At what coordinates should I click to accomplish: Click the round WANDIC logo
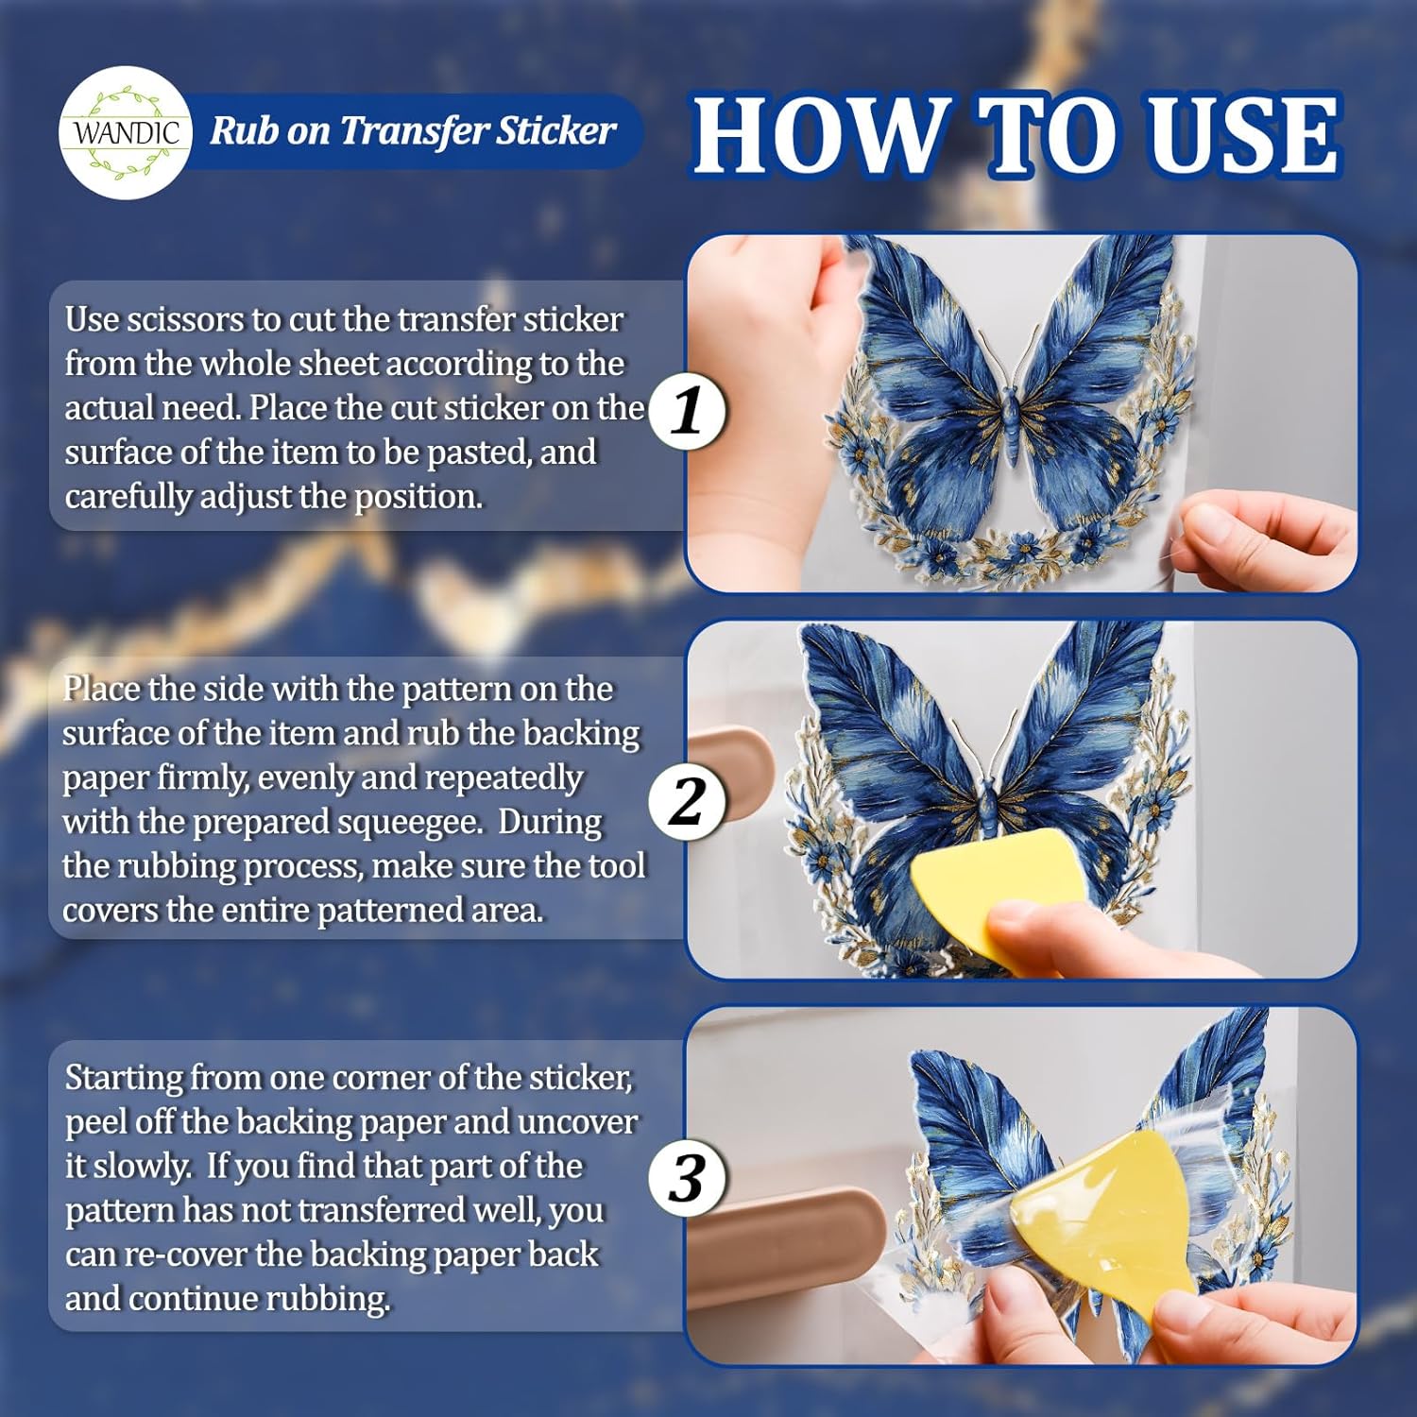pos(126,132)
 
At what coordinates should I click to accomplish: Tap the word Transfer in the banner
pos(414,130)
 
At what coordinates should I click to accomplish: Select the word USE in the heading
pos(1244,135)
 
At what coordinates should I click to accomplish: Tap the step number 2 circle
pos(688,801)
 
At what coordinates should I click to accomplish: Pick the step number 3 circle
pos(688,1178)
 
